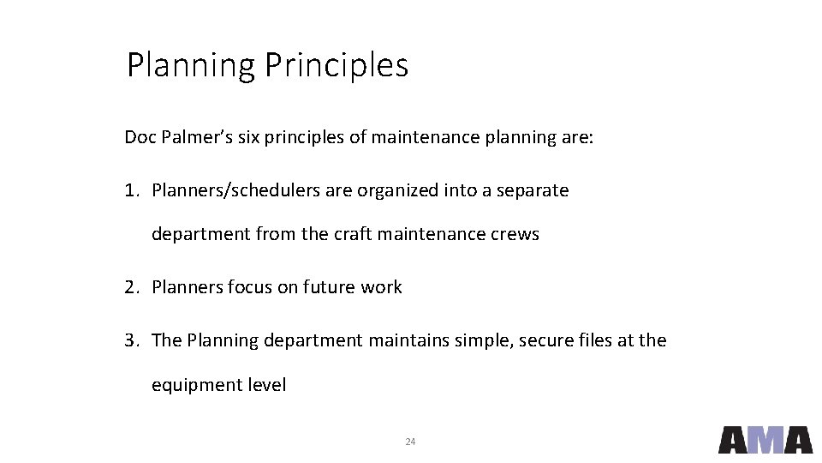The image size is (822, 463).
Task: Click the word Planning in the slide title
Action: (x=192, y=65)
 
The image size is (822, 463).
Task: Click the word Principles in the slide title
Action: (x=337, y=65)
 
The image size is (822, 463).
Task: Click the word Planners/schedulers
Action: (x=235, y=190)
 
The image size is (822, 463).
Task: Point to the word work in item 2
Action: (x=381, y=287)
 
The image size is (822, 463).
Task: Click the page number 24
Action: (x=410, y=442)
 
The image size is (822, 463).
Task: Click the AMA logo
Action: (x=765, y=439)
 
